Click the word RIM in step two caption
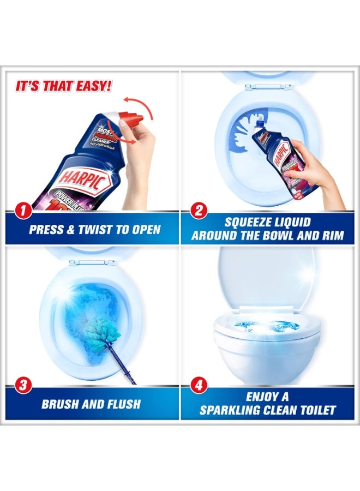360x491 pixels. coord(333,236)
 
